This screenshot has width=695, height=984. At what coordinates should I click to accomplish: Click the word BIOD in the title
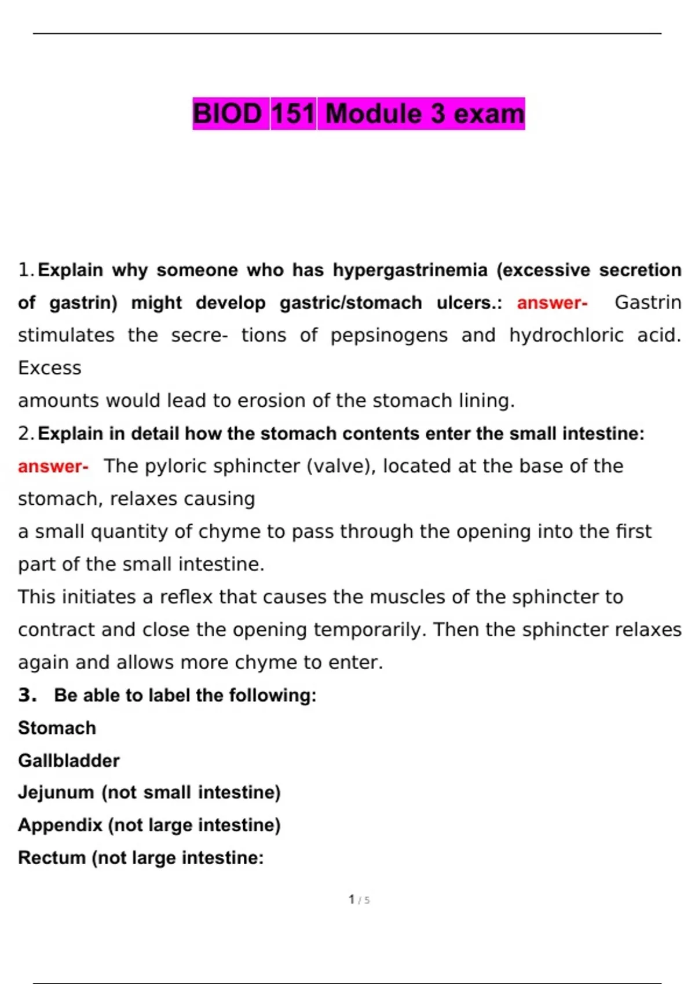coord(228,113)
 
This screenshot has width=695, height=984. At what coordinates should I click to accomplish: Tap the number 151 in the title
coord(293,113)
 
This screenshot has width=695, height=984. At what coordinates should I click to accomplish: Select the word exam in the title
coord(488,113)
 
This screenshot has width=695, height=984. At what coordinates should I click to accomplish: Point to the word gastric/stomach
coord(351,303)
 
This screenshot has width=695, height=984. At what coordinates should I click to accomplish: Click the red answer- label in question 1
coord(552,303)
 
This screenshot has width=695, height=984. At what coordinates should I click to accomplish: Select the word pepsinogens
coord(389,335)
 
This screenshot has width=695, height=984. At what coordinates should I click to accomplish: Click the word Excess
coord(50,368)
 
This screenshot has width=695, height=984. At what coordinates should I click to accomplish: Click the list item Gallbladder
coord(69,761)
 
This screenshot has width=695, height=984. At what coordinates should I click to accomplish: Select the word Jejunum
coord(56,792)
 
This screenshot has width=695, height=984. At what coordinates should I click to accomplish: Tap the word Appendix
coord(60,825)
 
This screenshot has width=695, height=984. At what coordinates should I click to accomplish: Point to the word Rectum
coord(52,858)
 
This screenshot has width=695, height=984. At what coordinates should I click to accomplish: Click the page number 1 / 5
coord(359,900)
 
